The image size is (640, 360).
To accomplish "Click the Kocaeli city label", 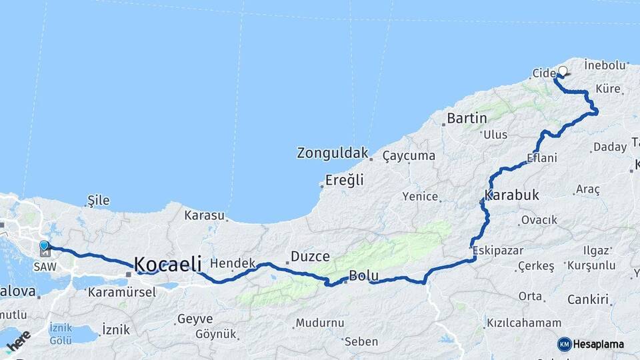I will click(x=168, y=265).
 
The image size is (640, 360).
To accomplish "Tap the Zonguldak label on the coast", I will click(x=332, y=153).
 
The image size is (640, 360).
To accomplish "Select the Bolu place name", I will click(x=364, y=276).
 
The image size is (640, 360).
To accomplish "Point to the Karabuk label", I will click(x=511, y=195).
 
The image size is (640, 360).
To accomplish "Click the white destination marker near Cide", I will click(x=563, y=71).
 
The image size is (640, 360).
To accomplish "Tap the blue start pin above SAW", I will click(x=44, y=246).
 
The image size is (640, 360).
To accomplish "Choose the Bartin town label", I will click(x=467, y=119).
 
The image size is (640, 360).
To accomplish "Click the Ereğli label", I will click(x=344, y=179).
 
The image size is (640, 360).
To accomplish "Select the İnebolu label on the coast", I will click(x=605, y=65).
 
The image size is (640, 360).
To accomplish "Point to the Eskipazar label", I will click(x=498, y=251).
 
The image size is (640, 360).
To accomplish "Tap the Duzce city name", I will click(x=310, y=257).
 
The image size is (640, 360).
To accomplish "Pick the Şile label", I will click(x=99, y=200).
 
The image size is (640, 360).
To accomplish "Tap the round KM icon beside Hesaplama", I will click(x=564, y=344).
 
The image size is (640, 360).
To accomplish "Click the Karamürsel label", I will click(x=122, y=291).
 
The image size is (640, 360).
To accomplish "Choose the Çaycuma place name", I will click(x=409, y=156).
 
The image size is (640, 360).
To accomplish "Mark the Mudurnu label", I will click(x=320, y=323).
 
